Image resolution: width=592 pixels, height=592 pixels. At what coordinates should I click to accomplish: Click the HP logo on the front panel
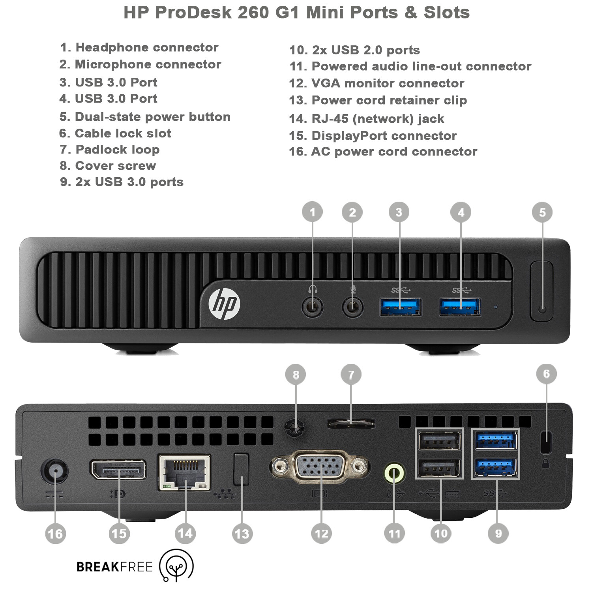(x=224, y=304)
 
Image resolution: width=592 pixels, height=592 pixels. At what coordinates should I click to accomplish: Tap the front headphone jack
(x=313, y=307)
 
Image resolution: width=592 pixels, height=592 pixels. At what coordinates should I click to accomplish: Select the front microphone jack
(x=352, y=307)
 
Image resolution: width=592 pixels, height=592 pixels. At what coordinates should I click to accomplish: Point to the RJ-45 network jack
(x=184, y=473)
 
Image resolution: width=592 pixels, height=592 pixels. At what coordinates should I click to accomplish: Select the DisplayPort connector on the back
(x=118, y=470)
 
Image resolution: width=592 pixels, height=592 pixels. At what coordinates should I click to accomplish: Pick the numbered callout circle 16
(x=55, y=534)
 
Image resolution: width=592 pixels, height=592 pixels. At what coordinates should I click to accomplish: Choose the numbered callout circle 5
(x=542, y=212)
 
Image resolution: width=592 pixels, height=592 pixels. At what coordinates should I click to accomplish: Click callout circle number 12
(x=321, y=534)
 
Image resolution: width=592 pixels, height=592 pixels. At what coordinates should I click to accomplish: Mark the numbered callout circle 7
(x=351, y=375)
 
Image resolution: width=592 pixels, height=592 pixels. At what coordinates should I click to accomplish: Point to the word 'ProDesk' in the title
(x=193, y=12)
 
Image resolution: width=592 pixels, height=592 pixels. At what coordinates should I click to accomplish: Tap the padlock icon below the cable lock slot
(x=546, y=463)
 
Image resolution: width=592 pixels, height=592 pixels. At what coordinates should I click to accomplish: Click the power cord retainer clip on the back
(x=241, y=469)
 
